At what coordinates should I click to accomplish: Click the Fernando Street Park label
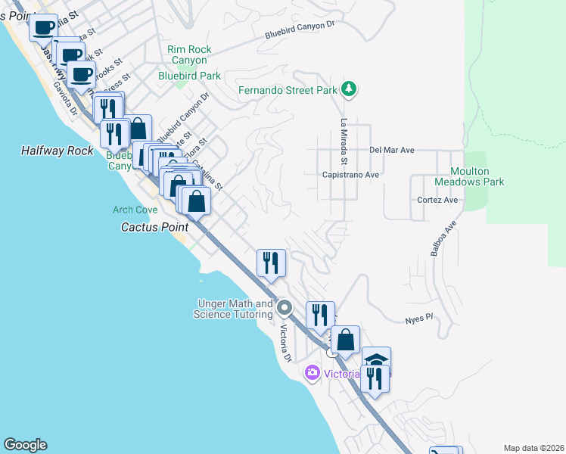(x=287, y=90)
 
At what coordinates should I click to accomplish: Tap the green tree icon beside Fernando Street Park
(x=348, y=89)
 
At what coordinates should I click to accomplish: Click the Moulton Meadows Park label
(x=469, y=176)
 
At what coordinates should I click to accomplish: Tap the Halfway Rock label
(x=58, y=151)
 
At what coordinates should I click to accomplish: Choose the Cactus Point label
(x=154, y=226)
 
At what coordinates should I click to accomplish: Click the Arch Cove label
(x=135, y=210)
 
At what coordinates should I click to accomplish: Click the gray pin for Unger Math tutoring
(x=285, y=307)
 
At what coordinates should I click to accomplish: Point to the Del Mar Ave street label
(x=392, y=150)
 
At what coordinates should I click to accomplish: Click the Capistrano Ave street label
(x=350, y=174)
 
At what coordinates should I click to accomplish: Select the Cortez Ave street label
(x=438, y=200)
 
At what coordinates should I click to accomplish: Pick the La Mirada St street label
(x=343, y=142)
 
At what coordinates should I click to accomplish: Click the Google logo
(x=26, y=445)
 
